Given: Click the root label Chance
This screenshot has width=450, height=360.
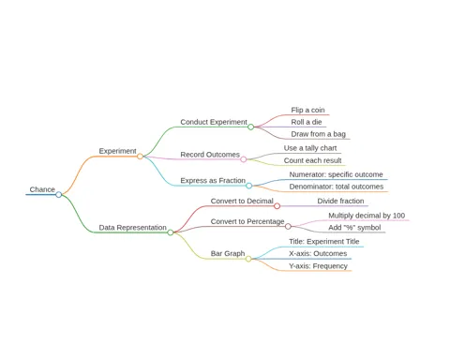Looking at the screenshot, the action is coord(42,189).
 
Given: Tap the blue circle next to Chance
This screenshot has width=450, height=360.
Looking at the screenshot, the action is coord(59,195).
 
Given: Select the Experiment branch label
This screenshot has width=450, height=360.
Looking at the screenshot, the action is coord(117,151).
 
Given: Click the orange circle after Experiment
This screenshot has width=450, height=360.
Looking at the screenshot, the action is coord(140,157).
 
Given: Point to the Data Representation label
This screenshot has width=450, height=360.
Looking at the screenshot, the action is coord(132,228).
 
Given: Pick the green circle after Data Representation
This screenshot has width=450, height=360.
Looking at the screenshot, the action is coord(171,232).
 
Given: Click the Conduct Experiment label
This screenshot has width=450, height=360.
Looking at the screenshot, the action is coord(214,122).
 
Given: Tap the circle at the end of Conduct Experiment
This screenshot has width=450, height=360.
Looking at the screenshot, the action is coord(250,127).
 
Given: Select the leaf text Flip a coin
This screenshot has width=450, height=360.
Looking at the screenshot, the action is coord(307,110).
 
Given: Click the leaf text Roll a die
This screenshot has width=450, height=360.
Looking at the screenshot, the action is coord(307,122).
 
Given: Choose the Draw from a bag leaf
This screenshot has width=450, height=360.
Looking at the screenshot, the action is coord(318,134).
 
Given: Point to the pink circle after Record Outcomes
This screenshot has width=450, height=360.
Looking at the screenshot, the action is coord(244,159).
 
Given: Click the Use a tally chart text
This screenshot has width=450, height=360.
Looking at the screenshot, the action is coord(310,148).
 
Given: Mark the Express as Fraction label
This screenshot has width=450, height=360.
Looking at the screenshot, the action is coord(213,181).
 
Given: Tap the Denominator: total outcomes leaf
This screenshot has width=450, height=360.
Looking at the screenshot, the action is coord(337,187).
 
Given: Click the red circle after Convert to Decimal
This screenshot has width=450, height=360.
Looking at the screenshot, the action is coord(277,206).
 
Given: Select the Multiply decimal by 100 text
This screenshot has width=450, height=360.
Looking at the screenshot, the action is coord(367,216).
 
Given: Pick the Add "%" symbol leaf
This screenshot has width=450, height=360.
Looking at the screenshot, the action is coord(354,228).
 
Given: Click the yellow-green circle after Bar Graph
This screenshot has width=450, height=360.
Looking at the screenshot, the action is coord(248,259).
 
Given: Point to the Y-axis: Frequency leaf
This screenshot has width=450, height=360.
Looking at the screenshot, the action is coord(318,266).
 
